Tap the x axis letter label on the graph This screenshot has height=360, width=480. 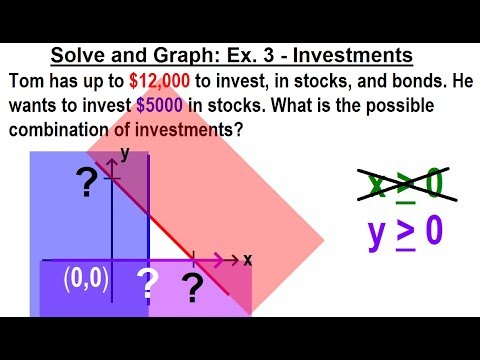[247, 259]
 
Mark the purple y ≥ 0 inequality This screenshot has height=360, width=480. [403, 231]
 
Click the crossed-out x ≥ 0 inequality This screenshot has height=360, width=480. [403, 184]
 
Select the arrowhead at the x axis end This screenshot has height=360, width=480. [235, 260]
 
